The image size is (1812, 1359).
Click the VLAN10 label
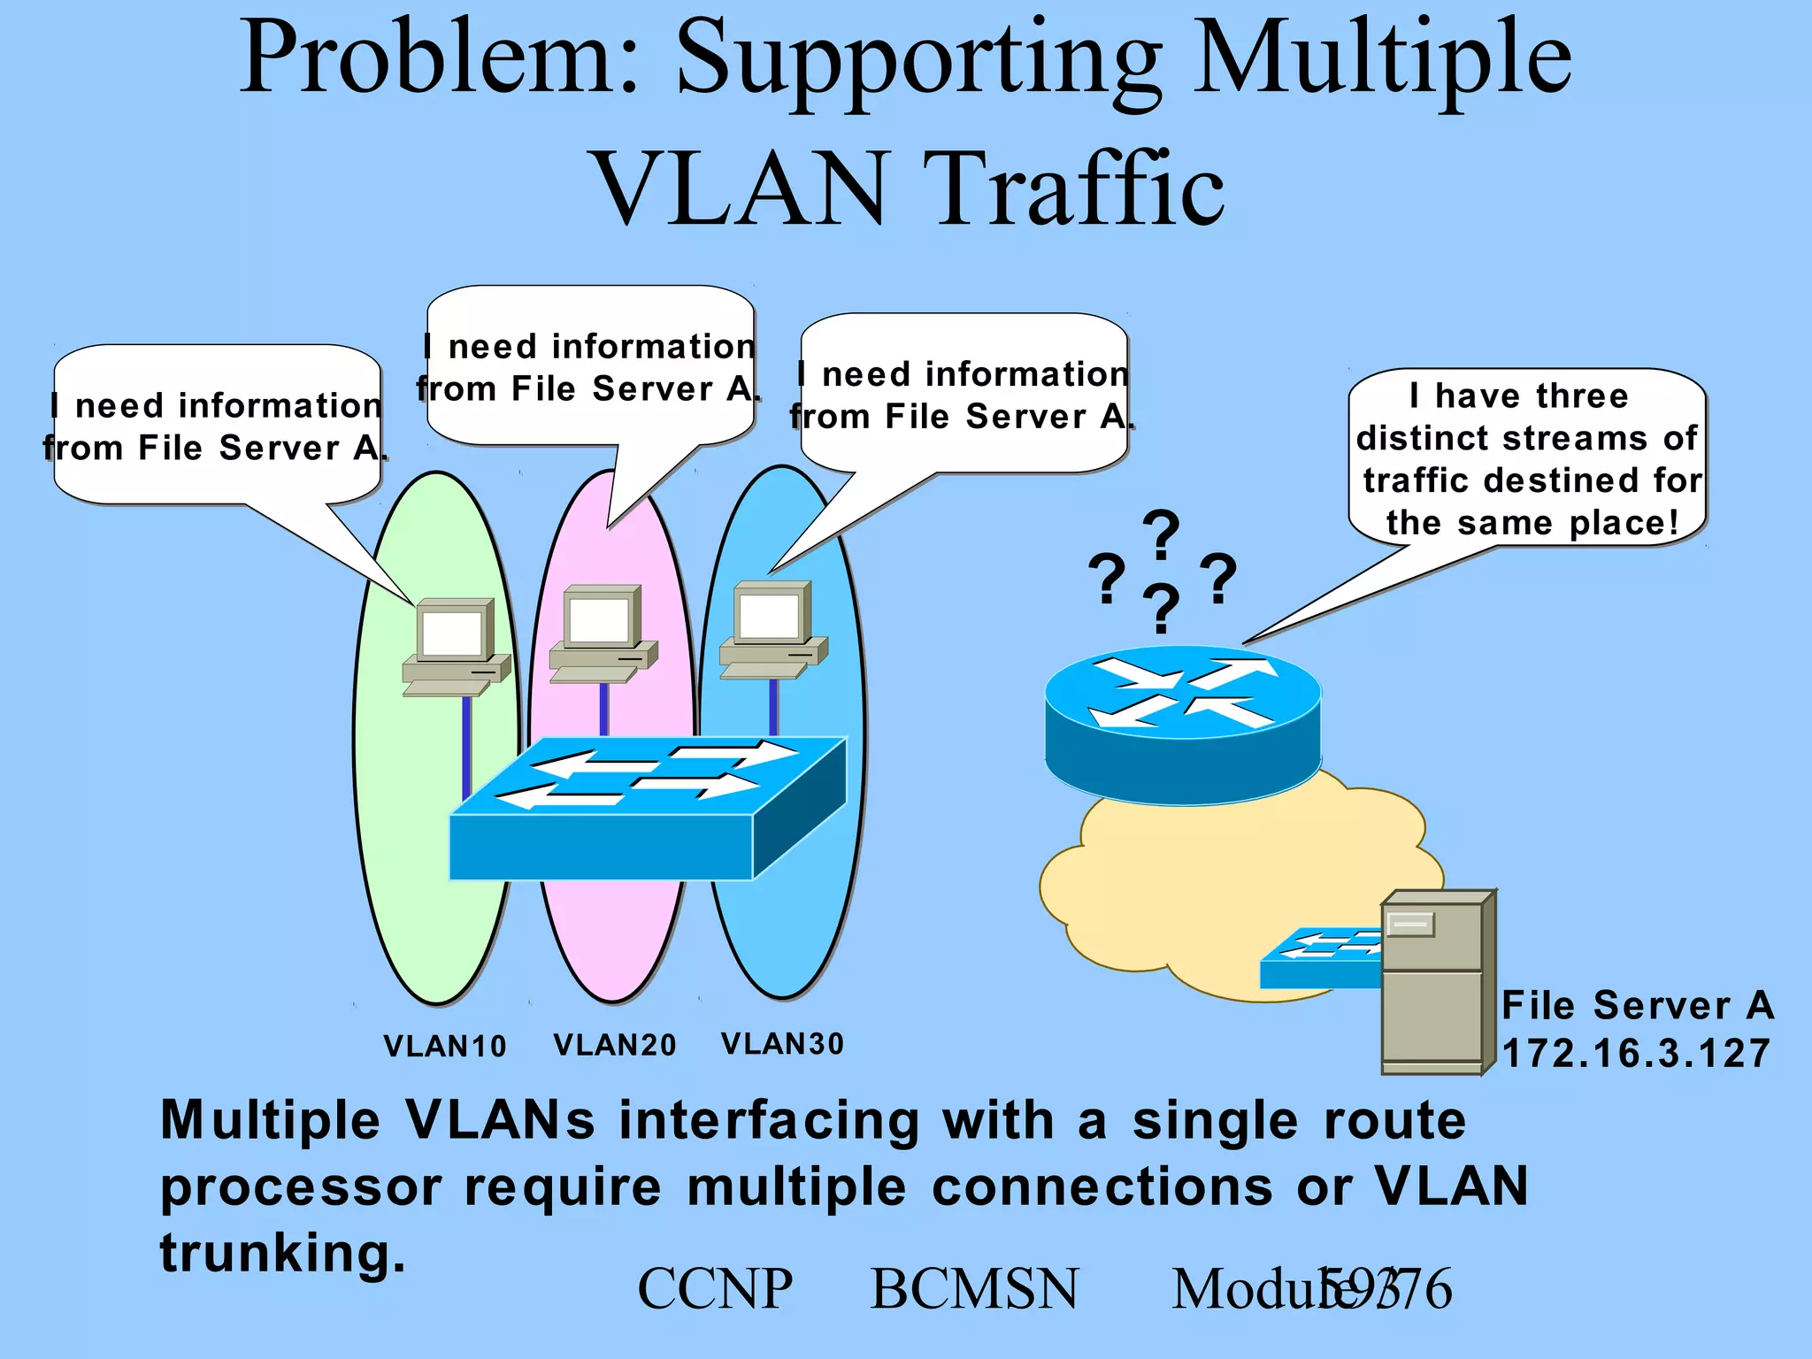[x=445, y=1047]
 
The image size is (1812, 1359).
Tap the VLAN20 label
[x=615, y=1046]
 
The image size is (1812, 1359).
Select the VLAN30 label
[x=783, y=1044]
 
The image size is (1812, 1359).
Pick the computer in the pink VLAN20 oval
[x=603, y=633]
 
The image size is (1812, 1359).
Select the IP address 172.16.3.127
[x=1636, y=1054]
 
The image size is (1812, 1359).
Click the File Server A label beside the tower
[x=1638, y=1006]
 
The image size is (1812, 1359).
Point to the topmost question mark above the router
[x=1161, y=534]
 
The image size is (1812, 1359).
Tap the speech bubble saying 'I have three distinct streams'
[x=1527, y=458]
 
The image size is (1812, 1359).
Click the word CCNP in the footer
[x=715, y=1289]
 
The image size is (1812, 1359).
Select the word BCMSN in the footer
[x=974, y=1289]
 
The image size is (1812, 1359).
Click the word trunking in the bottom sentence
[x=282, y=1254]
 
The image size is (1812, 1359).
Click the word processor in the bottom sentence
[x=301, y=1187]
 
